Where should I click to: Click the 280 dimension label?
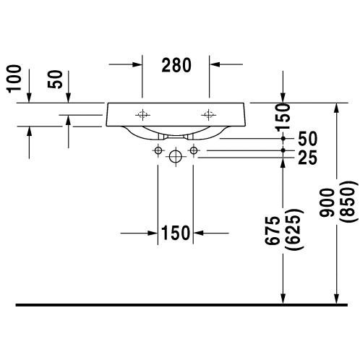click(x=176, y=65)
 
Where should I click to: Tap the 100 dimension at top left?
click(x=14, y=79)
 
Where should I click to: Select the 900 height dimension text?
click(x=327, y=202)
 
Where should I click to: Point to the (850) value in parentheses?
click(x=347, y=201)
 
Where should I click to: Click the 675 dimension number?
click(x=273, y=231)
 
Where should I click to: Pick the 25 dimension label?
click(x=307, y=158)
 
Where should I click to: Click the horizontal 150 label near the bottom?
click(x=176, y=233)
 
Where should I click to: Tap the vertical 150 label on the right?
click(x=283, y=117)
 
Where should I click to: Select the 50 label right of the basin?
click(x=308, y=139)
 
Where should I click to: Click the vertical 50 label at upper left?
click(x=55, y=80)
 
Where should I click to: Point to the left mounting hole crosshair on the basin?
click(x=142, y=115)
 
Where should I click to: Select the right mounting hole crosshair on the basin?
click(x=208, y=115)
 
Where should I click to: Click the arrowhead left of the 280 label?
click(x=137, y=64)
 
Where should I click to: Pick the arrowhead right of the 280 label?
click(x=215, y=64)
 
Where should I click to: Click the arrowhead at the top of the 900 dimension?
click(x=337, y=108)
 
